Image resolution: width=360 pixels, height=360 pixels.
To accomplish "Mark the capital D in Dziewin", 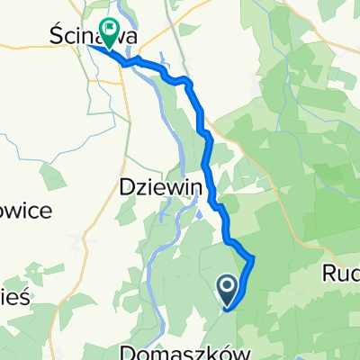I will pyautogui.click(x=127, y=186).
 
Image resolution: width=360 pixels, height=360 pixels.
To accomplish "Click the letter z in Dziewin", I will pyautogui.click(x=139, y=187).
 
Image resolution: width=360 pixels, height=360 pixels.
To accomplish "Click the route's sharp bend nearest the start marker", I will pyautogui.click(x=252, y=259).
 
